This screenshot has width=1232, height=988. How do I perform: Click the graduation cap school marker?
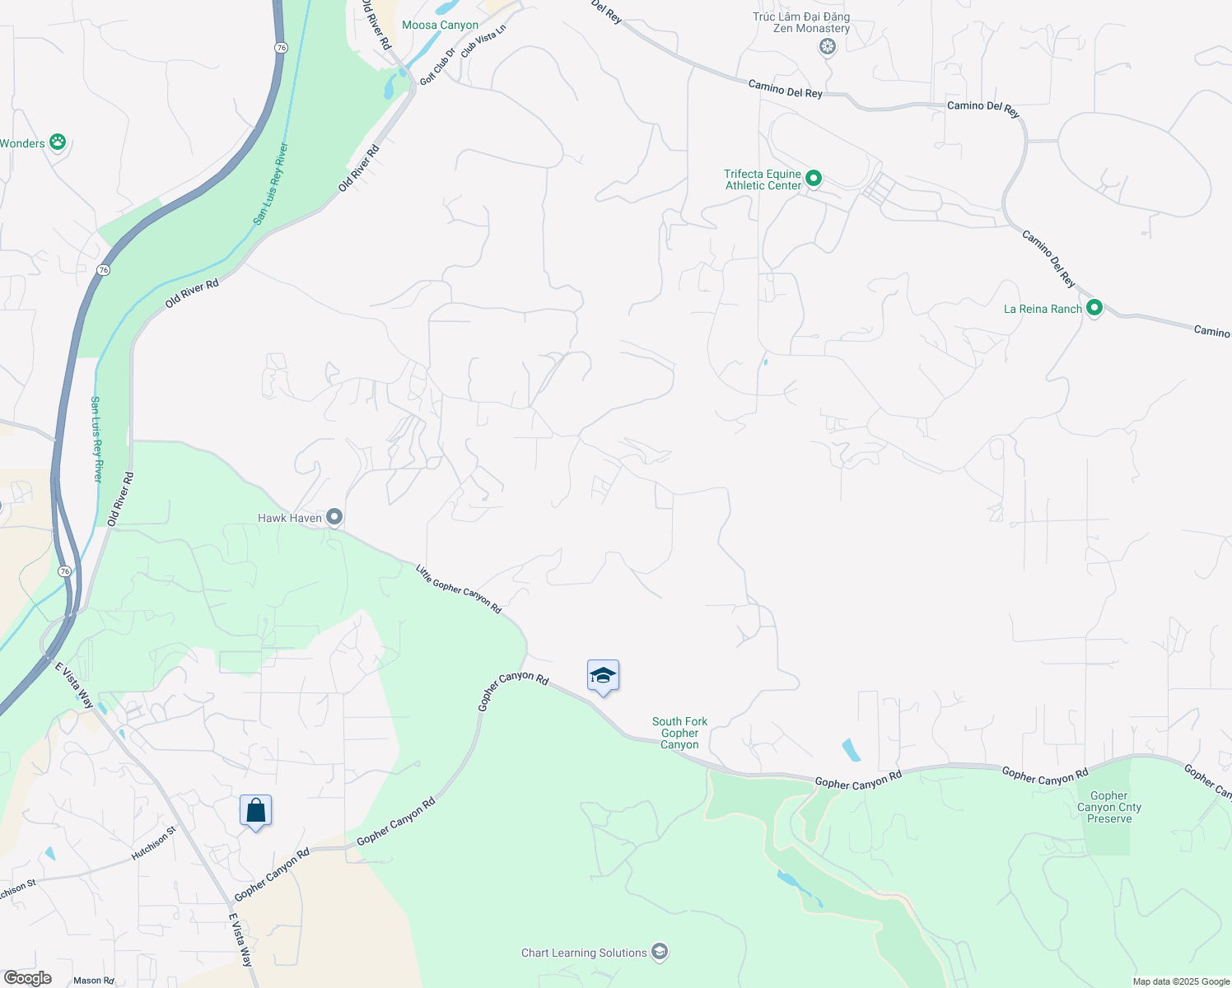(603, 676)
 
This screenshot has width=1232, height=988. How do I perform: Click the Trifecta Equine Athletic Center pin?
(814, 178)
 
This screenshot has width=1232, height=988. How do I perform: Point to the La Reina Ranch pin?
(1094, 308)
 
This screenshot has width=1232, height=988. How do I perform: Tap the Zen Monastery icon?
(828, 47)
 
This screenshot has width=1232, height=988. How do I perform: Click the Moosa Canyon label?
(440, 26)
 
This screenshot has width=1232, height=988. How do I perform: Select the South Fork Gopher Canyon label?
(679, 733)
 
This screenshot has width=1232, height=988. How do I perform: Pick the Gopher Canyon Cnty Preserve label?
(1108, 807)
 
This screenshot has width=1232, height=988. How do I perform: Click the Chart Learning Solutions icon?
(659, 952)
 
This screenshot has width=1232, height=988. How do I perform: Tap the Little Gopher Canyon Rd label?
(459, 589)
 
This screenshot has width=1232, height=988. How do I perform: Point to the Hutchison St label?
(154, 844)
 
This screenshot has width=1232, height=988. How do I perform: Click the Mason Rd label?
(94, 981)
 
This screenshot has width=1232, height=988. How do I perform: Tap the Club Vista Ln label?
(483, 40)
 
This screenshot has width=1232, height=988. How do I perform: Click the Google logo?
(27, 978)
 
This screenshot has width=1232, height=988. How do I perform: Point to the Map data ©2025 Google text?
(1181, 981)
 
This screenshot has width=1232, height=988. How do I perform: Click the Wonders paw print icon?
(58, 142)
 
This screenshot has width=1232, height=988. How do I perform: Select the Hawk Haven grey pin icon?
(334, 517)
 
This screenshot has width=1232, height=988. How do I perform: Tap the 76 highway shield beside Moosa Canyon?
(282, 48)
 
